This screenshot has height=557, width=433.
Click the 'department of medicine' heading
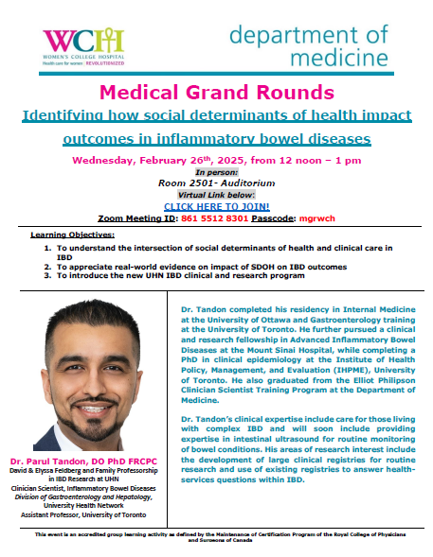click(308, 46)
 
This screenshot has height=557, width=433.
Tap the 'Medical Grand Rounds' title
click(217, 94)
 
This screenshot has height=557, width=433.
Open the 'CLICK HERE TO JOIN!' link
click(217, 205)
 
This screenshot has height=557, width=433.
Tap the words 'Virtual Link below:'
click(217, 195)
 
